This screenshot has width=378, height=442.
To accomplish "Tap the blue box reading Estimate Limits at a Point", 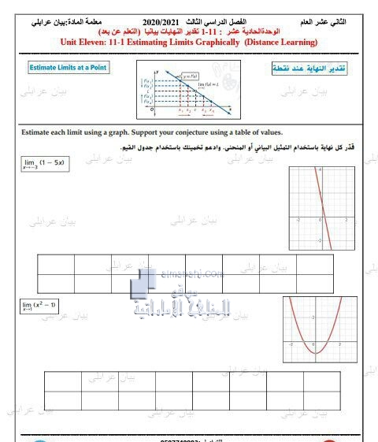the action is coord(68,68).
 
